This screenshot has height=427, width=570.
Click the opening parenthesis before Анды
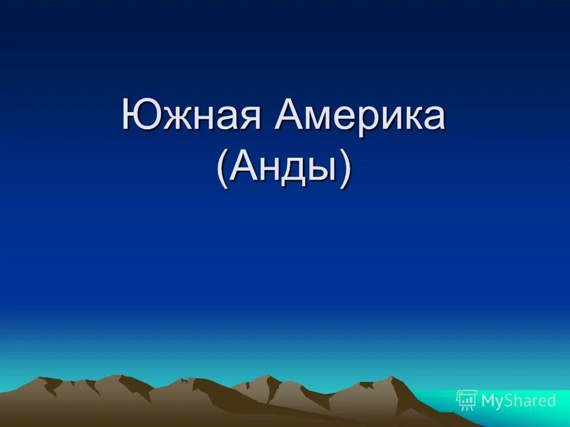click(223, 168)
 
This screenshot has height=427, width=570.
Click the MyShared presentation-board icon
click(467, 400)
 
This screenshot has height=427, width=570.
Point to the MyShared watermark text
click(518, 401)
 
